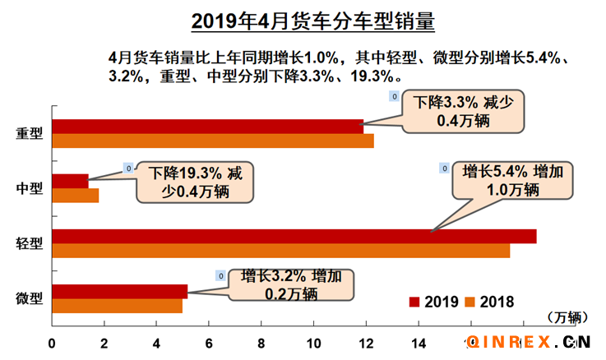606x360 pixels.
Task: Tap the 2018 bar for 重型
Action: pyautogui.click(x=212, y=141)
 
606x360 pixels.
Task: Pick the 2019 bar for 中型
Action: pyautogui.click(x=70, y=181)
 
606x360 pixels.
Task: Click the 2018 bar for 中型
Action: pyautogui.click(x=75, y=196)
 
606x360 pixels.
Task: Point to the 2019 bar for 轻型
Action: pyautogui.click(x=294, y=236)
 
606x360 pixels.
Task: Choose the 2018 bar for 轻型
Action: pyautogui.click(x=280, y=251)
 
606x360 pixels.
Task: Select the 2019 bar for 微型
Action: pyautogui.click(x=119, y=291)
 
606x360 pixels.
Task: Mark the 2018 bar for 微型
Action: pyautogui.click(x=117, y=306)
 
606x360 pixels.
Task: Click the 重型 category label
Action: pyautogui.click(x=30, y=133)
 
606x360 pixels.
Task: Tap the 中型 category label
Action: pyautogui.click(x=30, y=188)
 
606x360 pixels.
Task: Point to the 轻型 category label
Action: pyautogui.click(x=30, y=243)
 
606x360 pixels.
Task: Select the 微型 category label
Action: pyautogui.click(x=30, y=298)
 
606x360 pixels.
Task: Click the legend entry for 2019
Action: pyautogui.click(x=433, y=302)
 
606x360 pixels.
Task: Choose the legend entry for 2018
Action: pyautogui.click(x=490, y=302)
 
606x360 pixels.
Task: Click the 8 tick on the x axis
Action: pyautogui.click(x=261, y=343)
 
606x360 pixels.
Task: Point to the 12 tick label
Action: pyautogui.click(x=365, y=343)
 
